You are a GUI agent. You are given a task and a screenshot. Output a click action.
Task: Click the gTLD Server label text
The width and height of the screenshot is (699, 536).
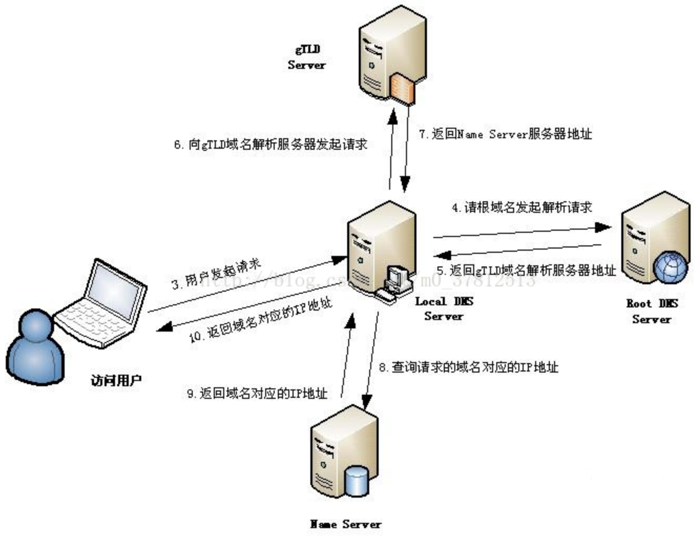point(307,57)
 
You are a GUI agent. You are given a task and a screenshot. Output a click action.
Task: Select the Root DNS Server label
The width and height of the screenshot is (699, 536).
point(652,311)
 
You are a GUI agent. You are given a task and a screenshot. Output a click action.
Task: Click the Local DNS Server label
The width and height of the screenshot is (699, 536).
point(444,308)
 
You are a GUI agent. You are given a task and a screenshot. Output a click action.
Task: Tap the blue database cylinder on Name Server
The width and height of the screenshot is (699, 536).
point(357,481)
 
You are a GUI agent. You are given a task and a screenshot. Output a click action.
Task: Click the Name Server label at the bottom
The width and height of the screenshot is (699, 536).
point(346,524)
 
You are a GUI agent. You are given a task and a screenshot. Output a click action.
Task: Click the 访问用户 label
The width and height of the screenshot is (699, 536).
point(116,380)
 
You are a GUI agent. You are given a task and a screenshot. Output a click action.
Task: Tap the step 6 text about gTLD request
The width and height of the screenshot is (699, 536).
point(270,145)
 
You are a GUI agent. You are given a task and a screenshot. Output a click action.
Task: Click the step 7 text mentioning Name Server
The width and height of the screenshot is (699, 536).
point(505,135)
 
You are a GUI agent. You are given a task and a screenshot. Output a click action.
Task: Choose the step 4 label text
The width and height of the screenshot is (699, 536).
point(521,208)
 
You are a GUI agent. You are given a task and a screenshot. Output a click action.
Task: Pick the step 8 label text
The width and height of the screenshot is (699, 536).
point(468,367)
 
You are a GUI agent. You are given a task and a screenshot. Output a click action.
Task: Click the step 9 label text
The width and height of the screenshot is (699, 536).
point(257,393)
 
